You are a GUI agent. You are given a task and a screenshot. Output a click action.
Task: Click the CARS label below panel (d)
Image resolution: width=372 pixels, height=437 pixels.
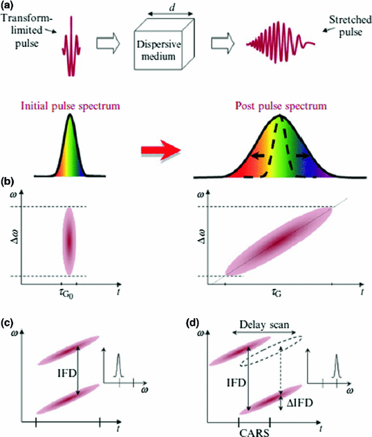pos(261,430)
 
